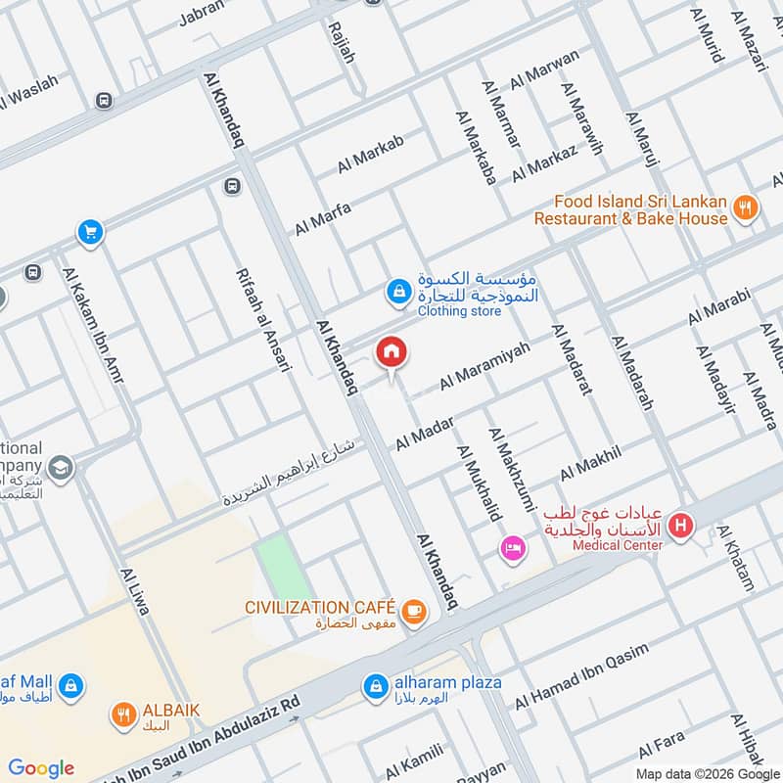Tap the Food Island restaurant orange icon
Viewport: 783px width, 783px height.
click(x=746, y=207)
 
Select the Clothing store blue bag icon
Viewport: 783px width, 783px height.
click(x=397, y=291)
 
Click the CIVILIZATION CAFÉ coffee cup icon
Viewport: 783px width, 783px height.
click(x=415, y=611)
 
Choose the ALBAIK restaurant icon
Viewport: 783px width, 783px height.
click(x=123, y=715)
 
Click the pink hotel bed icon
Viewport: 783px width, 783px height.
click(x=511, y=549)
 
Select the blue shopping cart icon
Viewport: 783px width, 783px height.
click(x=90, y=233)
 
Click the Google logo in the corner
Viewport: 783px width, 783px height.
click(x=41, y=767)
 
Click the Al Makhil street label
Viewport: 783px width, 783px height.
click(x=590, y=462)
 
